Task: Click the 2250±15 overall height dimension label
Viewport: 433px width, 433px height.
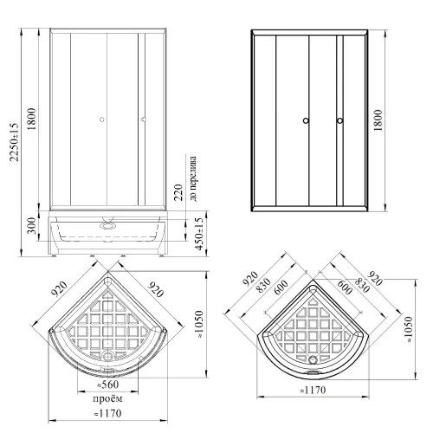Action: point(14,142)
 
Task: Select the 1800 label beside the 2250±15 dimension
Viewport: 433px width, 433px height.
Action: point(31,119)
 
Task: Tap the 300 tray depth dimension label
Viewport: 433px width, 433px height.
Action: point(32,226)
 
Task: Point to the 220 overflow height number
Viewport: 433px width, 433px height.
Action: point(178,192)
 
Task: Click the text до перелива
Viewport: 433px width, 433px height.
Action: point(193,178)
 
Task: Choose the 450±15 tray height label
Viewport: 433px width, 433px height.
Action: point(199,234)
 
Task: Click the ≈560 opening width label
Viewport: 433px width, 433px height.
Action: point(108,385)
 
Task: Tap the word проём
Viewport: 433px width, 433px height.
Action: point(107,399)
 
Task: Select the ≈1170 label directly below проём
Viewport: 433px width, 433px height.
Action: point(107,413)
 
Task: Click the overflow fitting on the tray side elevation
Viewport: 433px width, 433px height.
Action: point(107,226)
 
